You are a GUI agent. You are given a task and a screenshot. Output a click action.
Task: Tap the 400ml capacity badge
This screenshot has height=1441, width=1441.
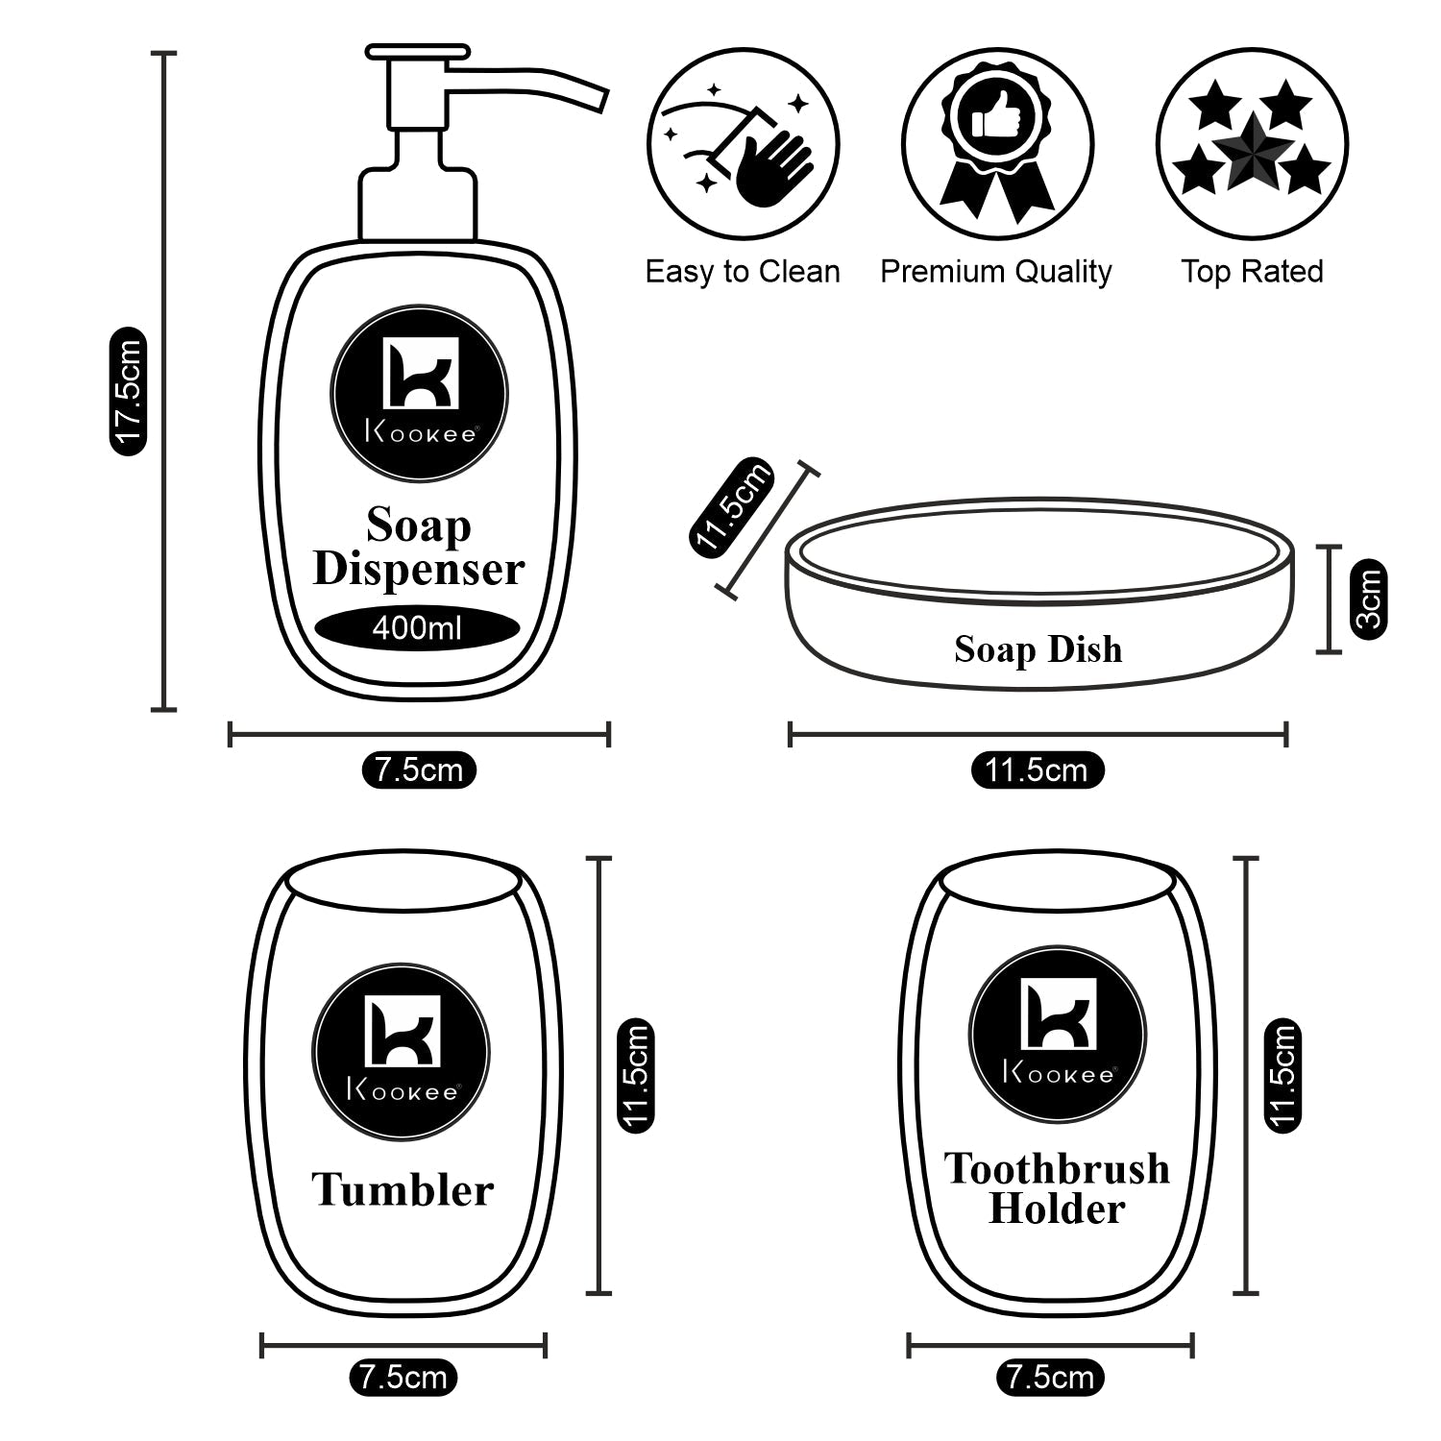tap(417, 628)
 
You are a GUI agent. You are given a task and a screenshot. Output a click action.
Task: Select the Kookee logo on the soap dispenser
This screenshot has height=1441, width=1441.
tap(419, 394)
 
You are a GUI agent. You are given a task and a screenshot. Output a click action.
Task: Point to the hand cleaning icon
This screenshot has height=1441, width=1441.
tap(743, 144)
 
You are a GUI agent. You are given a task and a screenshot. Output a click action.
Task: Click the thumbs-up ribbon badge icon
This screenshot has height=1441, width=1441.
tap(997, 144)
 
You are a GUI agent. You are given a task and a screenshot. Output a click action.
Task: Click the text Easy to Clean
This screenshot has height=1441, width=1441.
tap(742, 272)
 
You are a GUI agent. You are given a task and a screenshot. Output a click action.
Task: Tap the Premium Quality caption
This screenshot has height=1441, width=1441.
tap(995, 272)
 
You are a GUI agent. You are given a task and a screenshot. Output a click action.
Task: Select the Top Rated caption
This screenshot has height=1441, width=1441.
tap(1252, 272)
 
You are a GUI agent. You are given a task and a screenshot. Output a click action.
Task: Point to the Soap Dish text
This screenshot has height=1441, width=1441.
tap(1038, 649)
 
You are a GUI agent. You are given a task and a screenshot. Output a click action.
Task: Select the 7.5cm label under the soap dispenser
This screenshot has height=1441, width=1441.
tap(419, 769)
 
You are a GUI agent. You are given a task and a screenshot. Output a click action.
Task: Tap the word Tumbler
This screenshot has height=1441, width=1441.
tap(403, 1190)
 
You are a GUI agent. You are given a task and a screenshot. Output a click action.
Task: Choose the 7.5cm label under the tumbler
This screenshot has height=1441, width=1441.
tap(403, 1378)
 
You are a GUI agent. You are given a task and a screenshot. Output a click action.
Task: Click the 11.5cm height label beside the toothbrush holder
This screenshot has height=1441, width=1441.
tap(1282, 1075)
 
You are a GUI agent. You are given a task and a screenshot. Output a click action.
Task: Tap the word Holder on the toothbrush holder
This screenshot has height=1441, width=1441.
tap(1056, 1209)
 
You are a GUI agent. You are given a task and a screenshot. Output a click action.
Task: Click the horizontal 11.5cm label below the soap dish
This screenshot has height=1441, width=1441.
tap(1037, 769)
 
